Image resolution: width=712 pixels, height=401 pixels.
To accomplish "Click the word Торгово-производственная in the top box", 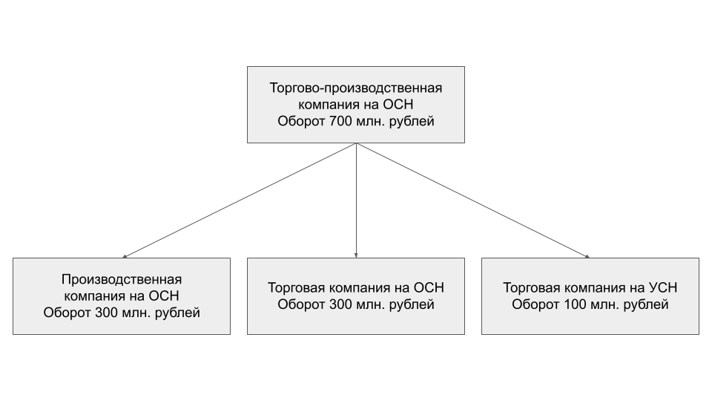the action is (x=356, y=88).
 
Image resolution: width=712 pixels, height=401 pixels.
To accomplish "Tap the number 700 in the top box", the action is (x=340, y=121).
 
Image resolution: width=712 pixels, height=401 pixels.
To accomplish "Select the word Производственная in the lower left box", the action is (x=122, y=279).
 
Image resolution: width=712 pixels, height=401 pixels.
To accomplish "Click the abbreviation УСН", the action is (x=663, y=288).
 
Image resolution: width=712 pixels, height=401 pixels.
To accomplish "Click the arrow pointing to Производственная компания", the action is (x=240, y=200).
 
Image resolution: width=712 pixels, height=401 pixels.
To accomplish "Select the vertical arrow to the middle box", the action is (x=356, y=200).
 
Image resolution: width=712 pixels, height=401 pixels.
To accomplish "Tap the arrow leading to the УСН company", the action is (x=473, y=200).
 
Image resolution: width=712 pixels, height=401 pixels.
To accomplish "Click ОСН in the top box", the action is (x=398, y=105).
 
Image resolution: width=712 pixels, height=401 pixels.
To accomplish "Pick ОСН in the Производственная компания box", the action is (x=164, y=296).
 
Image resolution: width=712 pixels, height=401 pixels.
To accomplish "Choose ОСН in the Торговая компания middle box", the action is (x=429, y=288).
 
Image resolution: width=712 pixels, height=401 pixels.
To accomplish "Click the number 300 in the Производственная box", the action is (x=105, y=313).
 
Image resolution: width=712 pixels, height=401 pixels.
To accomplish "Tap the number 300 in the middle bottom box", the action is (x=340, y=304).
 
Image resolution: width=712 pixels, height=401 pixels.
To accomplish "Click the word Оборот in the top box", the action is (x=302, y=121).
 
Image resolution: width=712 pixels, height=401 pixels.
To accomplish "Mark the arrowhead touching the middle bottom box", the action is (x=356, y=256).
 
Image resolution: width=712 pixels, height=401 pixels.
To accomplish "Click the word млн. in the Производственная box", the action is (x=135, y=313).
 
